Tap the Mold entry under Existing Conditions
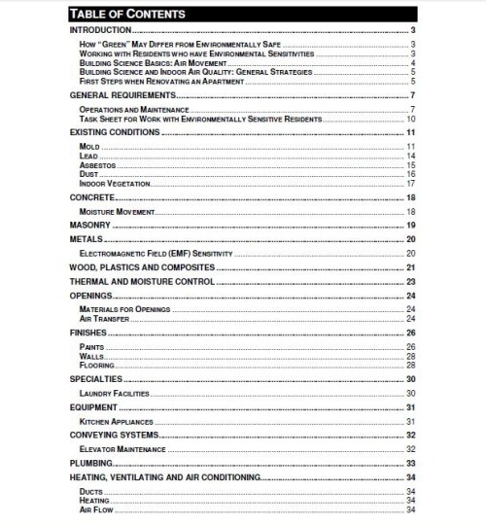88,146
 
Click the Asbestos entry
95,165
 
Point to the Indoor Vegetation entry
107,184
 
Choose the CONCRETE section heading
91,197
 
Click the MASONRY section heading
91,225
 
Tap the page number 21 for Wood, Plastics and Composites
412,267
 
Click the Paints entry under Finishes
92,347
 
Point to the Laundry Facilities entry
114,394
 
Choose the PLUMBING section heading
93,464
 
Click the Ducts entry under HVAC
90,492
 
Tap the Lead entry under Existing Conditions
87,156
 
